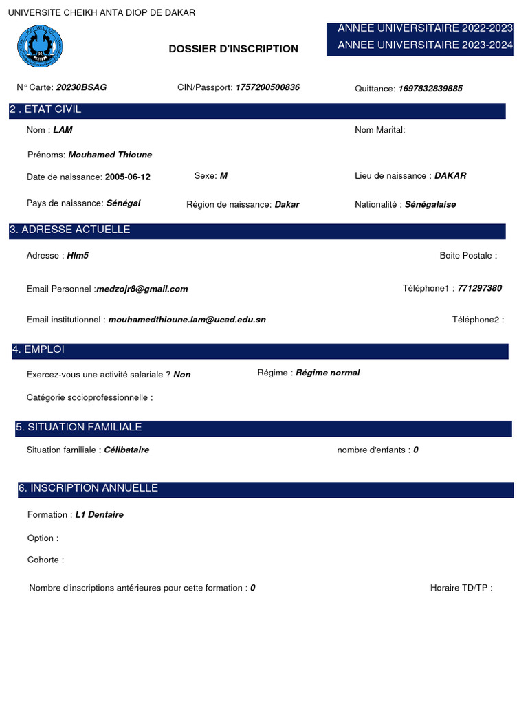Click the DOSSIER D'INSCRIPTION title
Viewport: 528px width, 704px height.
[x=234, y=49]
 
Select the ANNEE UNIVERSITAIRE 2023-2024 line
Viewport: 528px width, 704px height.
[x=425, y=45]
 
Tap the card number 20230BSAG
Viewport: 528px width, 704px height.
[x=81, y=88]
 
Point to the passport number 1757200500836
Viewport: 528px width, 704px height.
[x=267, y=88]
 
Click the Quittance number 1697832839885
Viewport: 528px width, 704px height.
[x=430, y=89]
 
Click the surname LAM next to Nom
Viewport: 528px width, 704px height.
[x=63, y=130]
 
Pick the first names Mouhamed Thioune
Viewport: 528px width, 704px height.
[x=110, y=155]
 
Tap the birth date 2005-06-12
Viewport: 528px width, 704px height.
[x=128, y=177]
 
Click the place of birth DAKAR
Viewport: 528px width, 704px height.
[x=450, y=176]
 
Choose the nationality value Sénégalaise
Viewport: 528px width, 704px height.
[x=430, y=204]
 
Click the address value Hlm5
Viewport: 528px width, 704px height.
[x=78, y=256]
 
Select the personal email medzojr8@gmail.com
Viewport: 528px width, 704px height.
[x=142, y=289]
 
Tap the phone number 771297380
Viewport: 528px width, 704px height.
[x=480, y=288]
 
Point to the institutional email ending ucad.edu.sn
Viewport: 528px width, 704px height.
[x=187, y=320]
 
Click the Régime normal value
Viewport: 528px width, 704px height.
[x=328, y=373]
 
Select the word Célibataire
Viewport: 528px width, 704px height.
[x=126, y=450]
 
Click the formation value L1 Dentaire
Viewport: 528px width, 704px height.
[x=100, y=514]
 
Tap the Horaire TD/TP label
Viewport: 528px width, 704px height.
[x=461, y=588]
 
